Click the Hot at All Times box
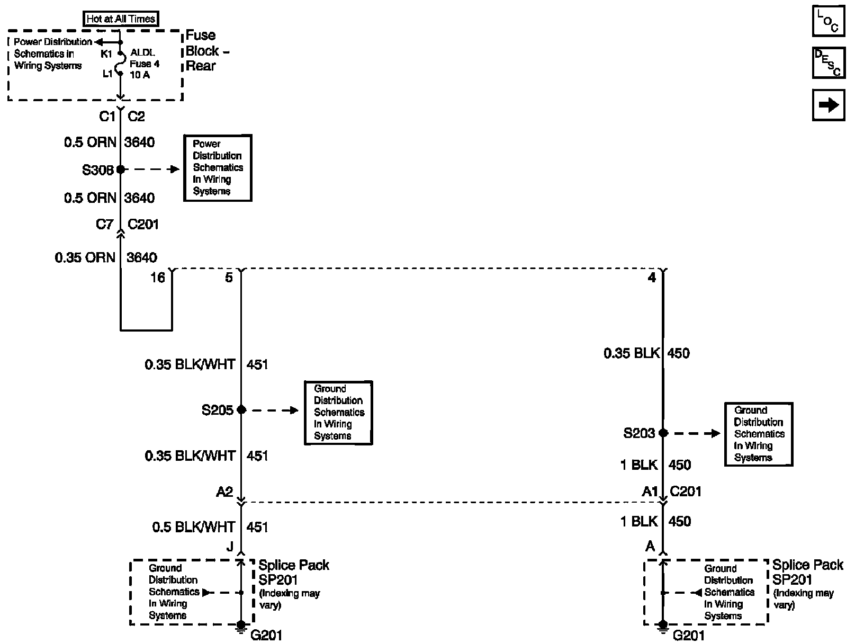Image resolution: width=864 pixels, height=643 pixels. (x=121, y=19)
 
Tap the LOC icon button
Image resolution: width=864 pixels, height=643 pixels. (x=829, y=21)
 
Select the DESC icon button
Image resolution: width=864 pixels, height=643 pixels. (x=829, y=62)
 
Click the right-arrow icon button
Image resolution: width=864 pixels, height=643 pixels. (x=829, y=105)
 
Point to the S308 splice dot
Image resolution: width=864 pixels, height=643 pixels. (x=121, y=169)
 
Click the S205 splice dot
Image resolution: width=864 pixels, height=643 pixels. (x=241, y=409)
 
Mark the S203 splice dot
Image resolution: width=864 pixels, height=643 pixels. (x=663, y=433)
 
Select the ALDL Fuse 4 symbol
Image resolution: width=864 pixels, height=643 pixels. (x=122, y=62)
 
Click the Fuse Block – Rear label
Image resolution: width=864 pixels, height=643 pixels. (x=207, y=50)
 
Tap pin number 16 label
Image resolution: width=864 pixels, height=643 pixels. (x=158, y=278)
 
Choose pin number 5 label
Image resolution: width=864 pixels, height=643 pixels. (x=229, y=278)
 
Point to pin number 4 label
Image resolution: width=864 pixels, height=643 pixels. (x=652, y=278)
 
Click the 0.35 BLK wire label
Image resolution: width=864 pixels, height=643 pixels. (x=632, y=353)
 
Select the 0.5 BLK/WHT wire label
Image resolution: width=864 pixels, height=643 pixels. (x=194, y=527)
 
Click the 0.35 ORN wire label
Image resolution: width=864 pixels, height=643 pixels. (x=85, y=257)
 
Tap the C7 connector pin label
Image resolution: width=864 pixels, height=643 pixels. (x=104, y=224)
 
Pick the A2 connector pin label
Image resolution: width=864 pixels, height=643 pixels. (x=224, y=492)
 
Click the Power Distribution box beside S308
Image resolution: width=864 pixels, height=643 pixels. (x=218, y=168)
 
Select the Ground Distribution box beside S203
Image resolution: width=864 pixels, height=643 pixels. (x=759, y=434)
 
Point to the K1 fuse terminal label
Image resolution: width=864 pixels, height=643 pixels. (x=106, y=54)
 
